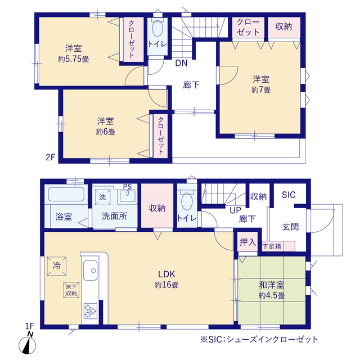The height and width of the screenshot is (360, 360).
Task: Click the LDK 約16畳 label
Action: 166,280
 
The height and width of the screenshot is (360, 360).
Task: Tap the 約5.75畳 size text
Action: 74,59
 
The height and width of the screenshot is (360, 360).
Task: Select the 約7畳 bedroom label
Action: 261,84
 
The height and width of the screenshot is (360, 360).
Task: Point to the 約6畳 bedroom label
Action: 106,126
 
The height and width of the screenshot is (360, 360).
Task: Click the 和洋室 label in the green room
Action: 272,285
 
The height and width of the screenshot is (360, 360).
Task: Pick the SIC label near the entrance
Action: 289,195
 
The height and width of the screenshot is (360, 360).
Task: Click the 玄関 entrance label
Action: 290,227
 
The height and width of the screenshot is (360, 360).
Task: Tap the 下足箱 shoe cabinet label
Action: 272,246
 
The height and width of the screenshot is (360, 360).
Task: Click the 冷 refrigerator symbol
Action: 57,266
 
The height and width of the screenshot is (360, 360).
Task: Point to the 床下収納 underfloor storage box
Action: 71,290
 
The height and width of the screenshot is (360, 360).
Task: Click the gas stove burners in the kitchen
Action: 90,311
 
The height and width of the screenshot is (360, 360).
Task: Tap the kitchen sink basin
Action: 90,270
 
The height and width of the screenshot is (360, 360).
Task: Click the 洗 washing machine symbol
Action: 102,197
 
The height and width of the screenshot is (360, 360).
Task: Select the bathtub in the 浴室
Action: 66,195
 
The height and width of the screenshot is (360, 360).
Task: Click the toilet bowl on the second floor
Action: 157,28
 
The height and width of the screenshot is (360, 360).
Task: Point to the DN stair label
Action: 181,63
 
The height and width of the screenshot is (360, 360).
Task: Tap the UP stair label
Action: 235,210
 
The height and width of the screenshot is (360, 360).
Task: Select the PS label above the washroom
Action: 128,186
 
